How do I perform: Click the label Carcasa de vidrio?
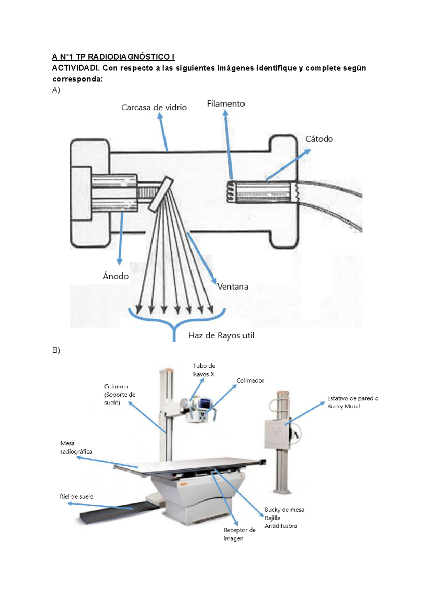[x=154, y=107]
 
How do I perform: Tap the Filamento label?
[x=226, y=104]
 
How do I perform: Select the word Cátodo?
[x=319, y=139]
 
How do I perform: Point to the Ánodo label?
[x=116, y=276]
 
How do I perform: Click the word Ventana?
[x=233, y=286]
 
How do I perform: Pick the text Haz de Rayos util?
[x=221, y=335]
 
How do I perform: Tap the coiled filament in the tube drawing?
[x=229, y=191]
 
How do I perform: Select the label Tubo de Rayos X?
[x=204, y=370]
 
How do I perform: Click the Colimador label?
[x=250, y=381]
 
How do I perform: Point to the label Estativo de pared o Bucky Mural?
[x=352, y=402]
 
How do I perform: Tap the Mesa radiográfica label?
[x=76, y=447]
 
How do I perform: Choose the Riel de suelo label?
[x=76, y=496]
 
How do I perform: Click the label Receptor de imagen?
[x=239, y=534]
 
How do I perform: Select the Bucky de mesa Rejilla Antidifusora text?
[x=284, y=518]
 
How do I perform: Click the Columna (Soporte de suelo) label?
[x=119, y=394]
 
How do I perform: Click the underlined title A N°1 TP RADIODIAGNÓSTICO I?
[x=113, y=57]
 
